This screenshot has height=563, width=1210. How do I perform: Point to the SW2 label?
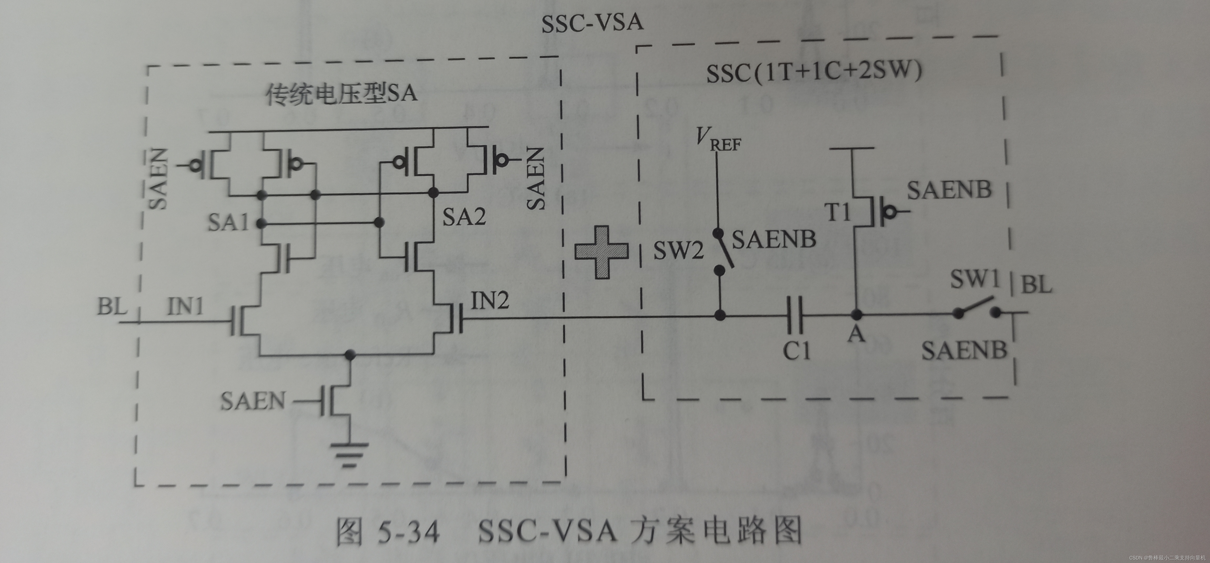678,250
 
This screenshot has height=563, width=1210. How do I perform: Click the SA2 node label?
464,217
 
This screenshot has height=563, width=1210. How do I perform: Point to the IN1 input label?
186,307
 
